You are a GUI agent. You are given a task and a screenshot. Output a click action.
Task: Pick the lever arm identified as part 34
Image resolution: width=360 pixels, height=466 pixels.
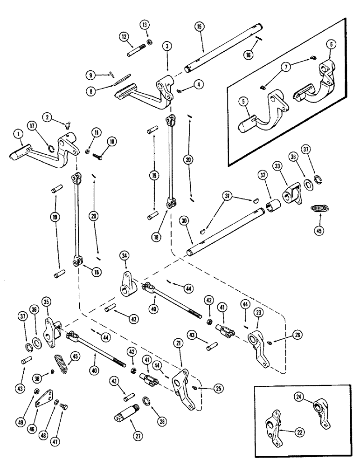coord(127,283)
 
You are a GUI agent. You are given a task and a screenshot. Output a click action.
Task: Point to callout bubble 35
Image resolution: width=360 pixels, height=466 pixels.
coord(46,302)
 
